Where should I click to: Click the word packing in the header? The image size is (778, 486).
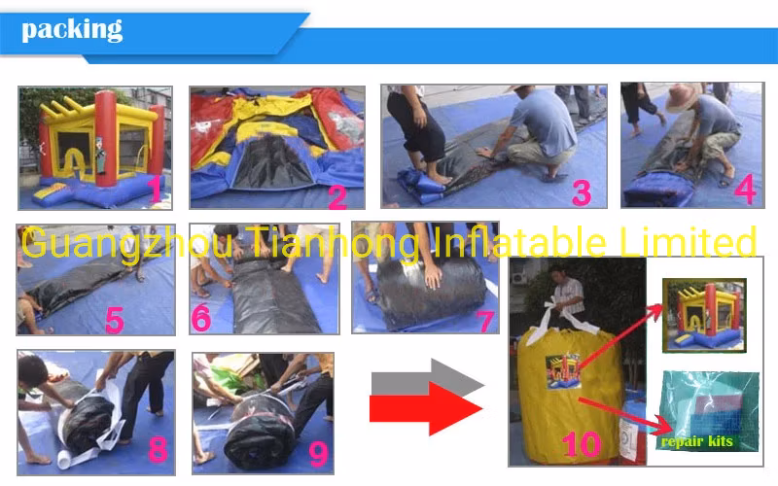(x=72, y=30)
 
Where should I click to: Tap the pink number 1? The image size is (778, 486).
(x=156, y=189)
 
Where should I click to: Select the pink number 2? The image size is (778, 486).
(x=337, y=197)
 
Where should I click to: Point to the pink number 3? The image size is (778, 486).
(x=581, y=192)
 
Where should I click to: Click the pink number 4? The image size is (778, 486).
(x=745, y=189)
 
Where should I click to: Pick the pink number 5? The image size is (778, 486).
(x=115, y=320)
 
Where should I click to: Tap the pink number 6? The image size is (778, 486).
(x=201, y=318)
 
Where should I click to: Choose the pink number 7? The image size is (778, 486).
(x=485, y=322)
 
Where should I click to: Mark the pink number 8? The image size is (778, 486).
(x=158, y=450)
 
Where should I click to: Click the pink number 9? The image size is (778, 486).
(x=318, y=454)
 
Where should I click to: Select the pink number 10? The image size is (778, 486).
(x=581, y=444)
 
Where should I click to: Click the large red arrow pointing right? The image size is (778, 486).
(x=426, y=408)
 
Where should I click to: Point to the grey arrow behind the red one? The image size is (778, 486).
(x=428, y=376)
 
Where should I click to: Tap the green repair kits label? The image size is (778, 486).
(x=697, y=441)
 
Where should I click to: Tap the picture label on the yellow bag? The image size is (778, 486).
(x=563, y=370)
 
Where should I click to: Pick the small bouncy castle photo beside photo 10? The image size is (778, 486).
(x=704, y=316)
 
